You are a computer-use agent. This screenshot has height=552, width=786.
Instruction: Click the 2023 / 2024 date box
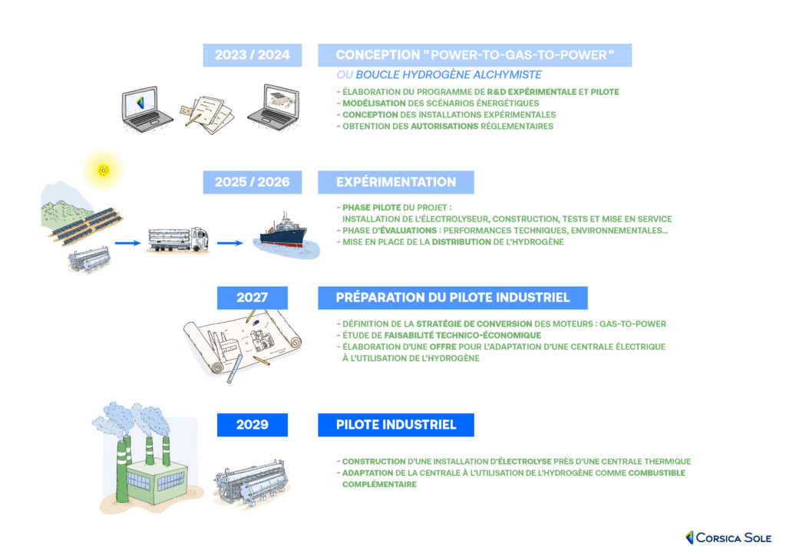point(253,55)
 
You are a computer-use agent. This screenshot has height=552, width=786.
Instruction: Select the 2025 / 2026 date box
point(253,182)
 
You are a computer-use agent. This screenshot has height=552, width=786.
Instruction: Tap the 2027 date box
point(252,297)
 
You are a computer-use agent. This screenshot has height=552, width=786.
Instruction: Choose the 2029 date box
point(252,425)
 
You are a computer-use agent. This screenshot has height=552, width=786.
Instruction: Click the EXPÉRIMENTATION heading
point(395,182)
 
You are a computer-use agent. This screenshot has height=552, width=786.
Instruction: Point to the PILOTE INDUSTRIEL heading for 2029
point(395,425)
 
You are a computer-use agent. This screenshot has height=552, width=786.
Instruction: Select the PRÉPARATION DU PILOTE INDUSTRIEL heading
point(452,297)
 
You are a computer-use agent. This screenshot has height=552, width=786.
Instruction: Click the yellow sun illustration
point(103,169)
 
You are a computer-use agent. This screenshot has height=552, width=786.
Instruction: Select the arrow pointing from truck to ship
point(230,244)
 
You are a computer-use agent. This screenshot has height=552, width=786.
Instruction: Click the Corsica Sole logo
point(728,537)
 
